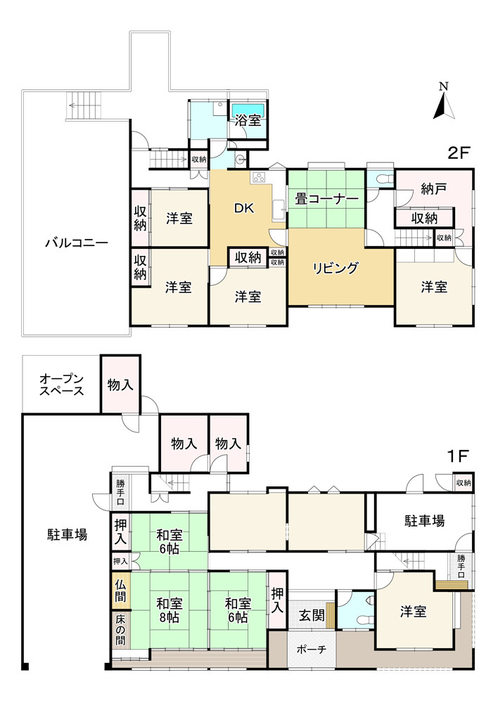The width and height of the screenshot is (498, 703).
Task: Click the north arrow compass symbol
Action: (x=443, y=103)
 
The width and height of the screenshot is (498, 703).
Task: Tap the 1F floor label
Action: (x=457, y=456)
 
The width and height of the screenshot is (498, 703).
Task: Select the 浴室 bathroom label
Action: (x=248, y=120)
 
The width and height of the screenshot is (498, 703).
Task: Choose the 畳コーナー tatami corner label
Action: (x=326, y=199)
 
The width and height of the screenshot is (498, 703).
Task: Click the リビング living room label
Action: (x=336, y=267)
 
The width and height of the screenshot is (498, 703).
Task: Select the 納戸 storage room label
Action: (x=435, y=188)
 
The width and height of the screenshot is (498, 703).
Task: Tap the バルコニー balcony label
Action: (x=76, y=243)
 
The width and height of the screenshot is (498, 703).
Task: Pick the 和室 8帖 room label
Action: (x=170, y=610)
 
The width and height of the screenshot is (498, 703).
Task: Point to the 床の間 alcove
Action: (x=120, y=630)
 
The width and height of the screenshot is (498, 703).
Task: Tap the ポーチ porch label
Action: (x=311, y=649)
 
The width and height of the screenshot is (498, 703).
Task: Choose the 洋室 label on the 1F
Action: (x=414, y=611)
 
